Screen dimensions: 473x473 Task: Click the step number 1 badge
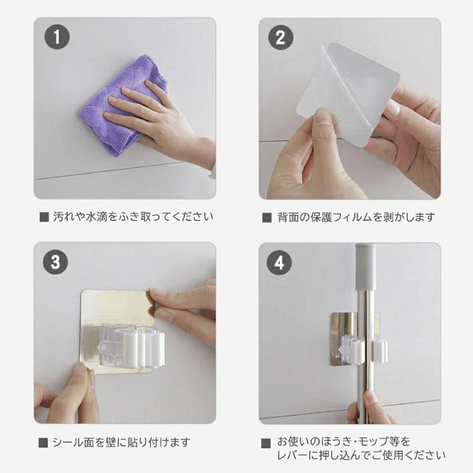[56, 37]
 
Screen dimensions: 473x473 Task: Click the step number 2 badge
[281, 37]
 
